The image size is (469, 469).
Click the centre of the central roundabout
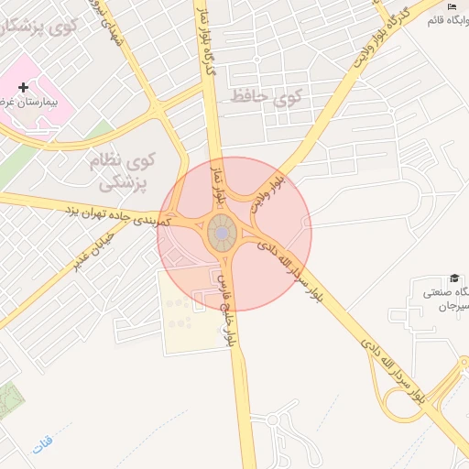[223, 234]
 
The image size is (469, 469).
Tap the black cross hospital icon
[24, 87]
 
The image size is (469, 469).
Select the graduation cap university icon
[453, 278]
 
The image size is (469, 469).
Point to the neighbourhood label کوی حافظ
[264, 95]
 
